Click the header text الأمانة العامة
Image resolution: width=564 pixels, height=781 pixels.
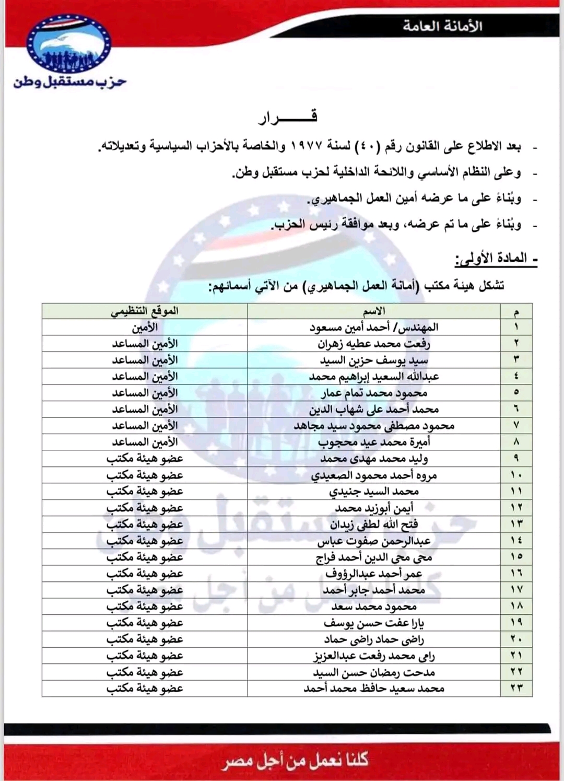[442, 26]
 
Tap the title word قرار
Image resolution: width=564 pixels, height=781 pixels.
[288, 117]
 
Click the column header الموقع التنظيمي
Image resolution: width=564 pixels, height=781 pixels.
[145, 311]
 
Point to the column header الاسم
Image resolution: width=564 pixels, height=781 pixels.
[374, 311]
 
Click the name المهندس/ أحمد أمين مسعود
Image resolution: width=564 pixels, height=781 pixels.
[374, 328]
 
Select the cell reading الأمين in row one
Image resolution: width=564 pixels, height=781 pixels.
[145, 328]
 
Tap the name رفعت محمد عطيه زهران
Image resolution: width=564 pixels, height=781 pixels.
[374, 344]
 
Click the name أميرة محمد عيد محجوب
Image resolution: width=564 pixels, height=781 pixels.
[374, 442]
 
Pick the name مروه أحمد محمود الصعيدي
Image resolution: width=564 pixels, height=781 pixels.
[374, 475]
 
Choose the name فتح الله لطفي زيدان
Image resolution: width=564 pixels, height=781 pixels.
[374, 524]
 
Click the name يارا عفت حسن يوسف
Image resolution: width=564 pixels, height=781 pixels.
[374, 623]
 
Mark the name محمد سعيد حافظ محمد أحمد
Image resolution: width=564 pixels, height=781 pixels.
[374, 689]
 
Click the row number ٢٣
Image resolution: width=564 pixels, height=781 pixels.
[516, 689]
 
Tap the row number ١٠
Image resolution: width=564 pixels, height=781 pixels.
[516, 475]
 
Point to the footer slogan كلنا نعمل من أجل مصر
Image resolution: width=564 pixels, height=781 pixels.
[295, 760]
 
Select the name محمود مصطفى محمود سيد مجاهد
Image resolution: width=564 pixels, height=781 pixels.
[374, 426]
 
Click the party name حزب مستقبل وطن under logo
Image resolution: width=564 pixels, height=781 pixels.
[70, 82]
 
